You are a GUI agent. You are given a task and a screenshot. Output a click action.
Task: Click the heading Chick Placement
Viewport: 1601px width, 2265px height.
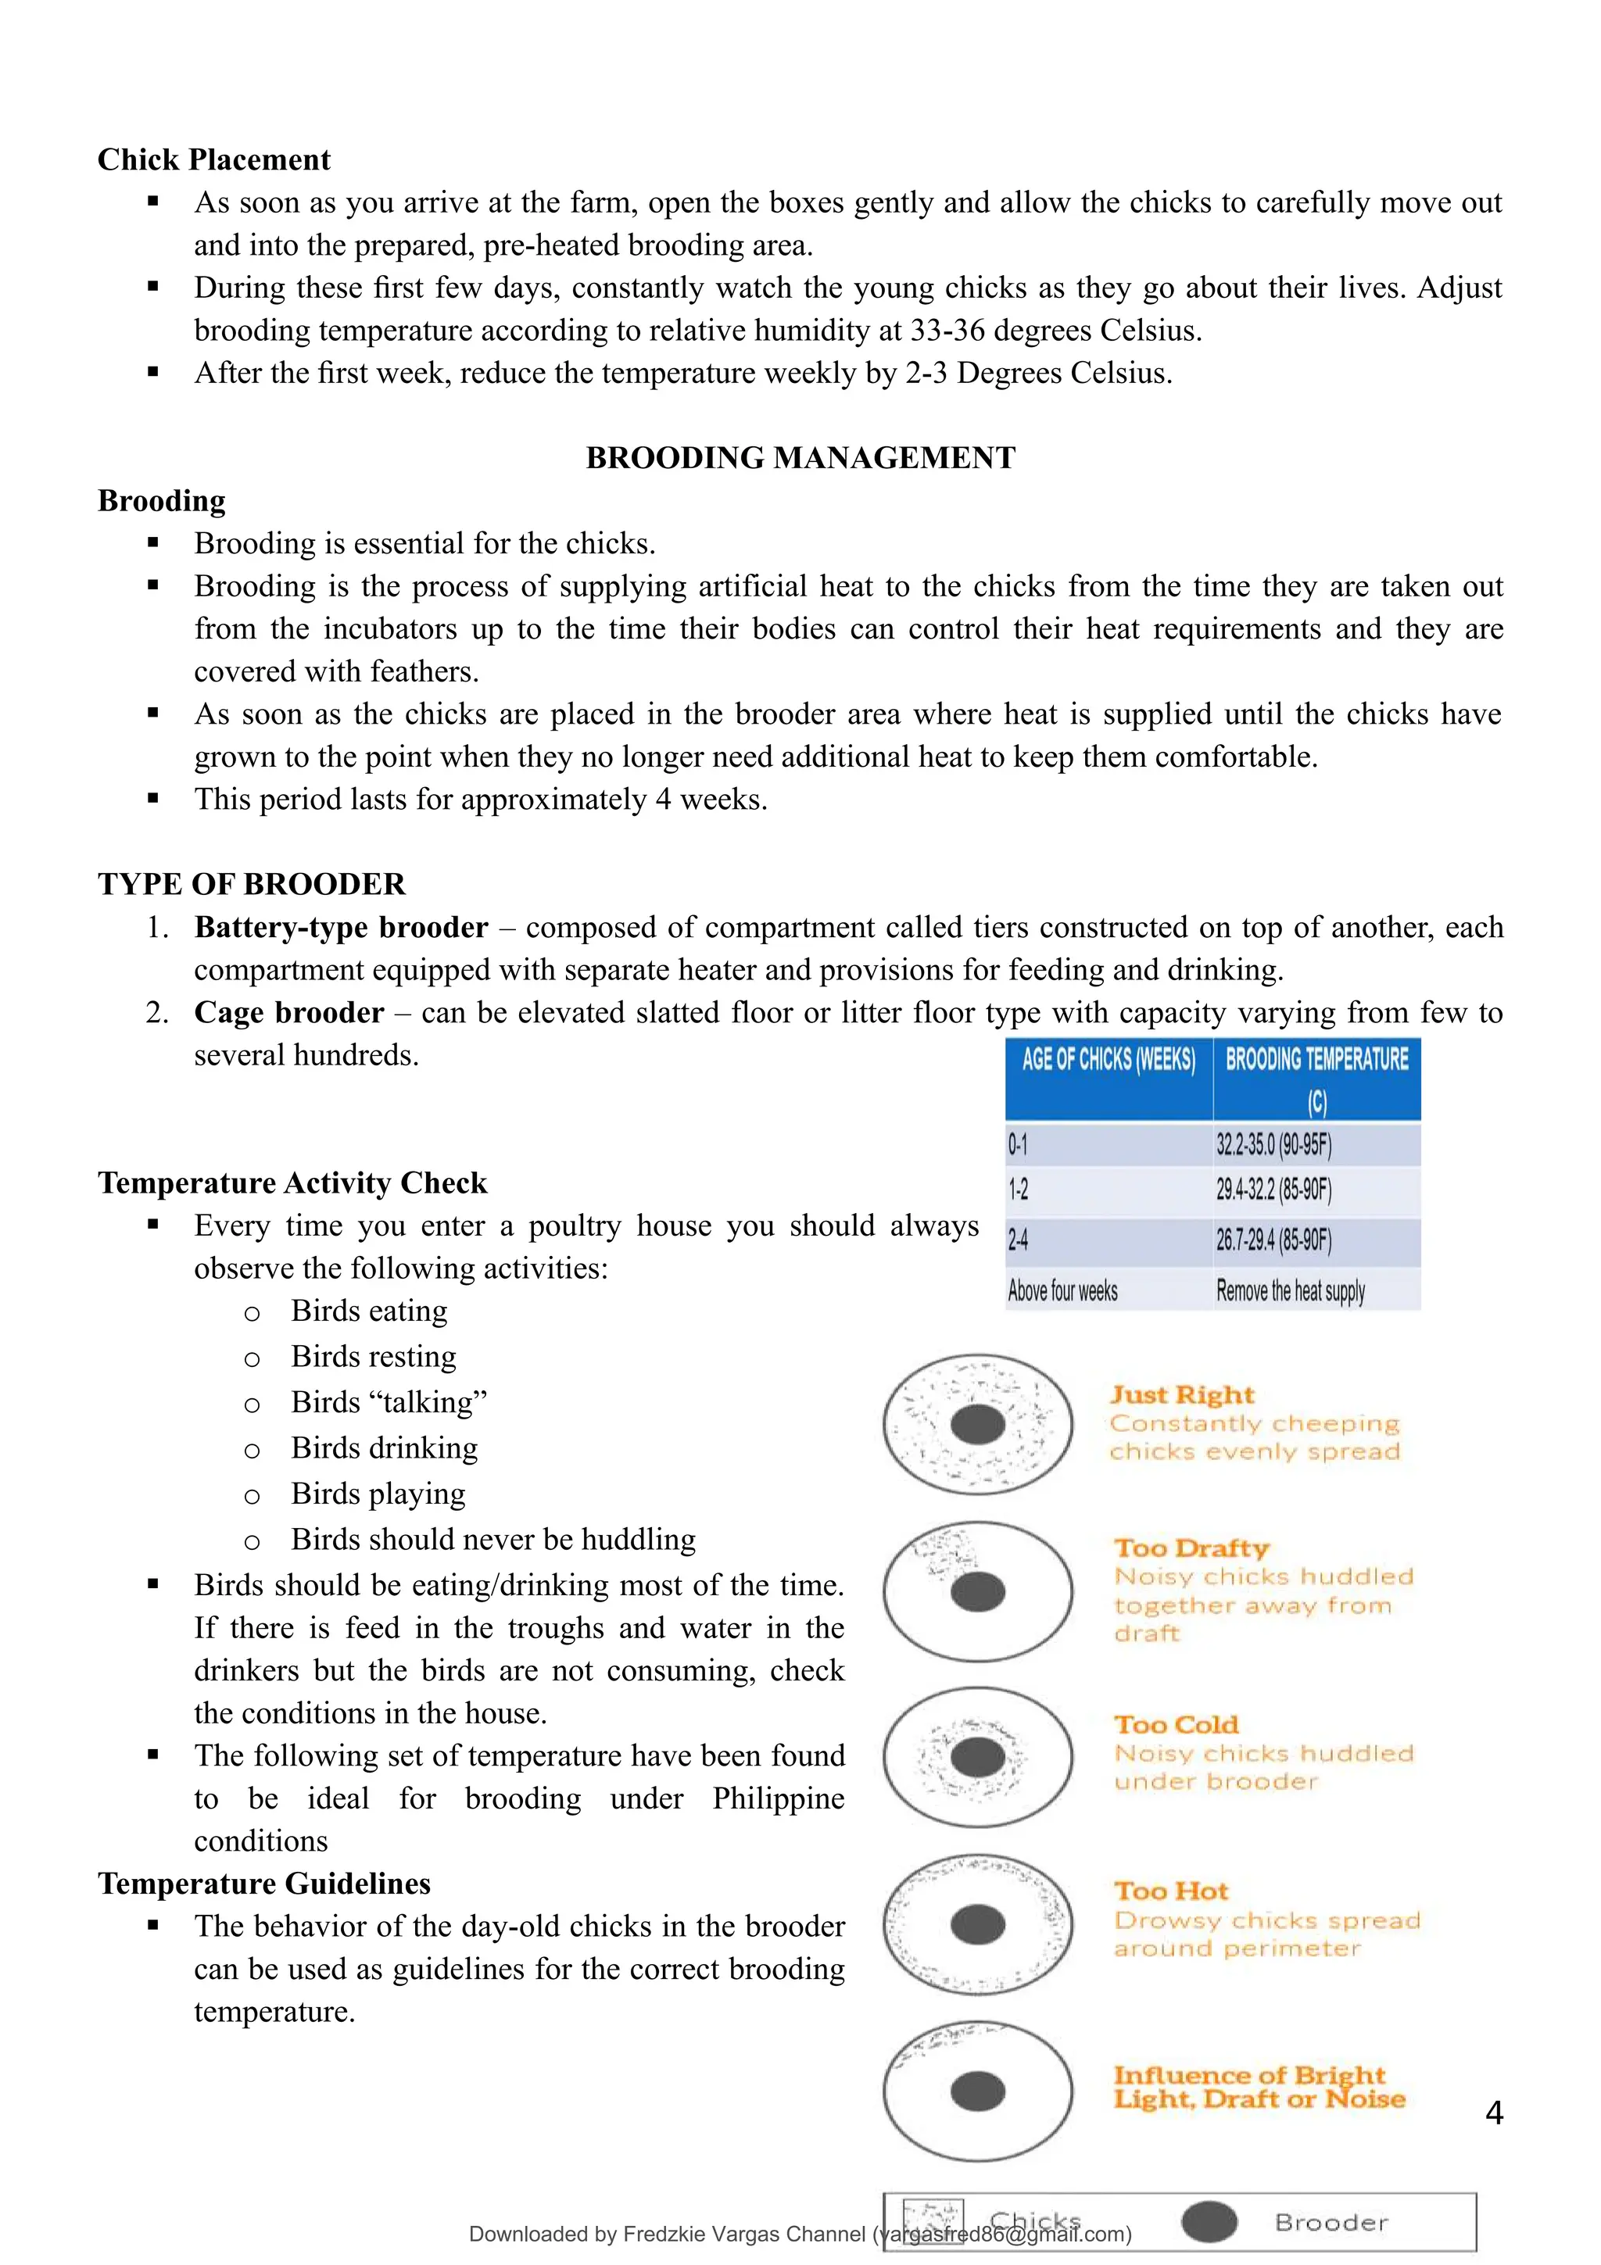click(x=214, y=159)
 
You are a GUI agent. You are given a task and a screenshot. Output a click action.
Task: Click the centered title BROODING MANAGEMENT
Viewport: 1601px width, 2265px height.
click(x=800, y=458)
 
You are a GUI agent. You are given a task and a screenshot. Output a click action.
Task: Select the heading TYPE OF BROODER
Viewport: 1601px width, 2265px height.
click(x=252, y=884)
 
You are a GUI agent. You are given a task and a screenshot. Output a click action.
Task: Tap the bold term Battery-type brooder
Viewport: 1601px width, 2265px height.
click(x=340, y=927)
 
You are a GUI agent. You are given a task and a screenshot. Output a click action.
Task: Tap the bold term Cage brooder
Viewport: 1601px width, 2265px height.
click(x=289, y=1013)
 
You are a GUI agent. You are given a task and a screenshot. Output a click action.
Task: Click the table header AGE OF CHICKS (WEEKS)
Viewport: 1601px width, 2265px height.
click(x=1108, y=1061)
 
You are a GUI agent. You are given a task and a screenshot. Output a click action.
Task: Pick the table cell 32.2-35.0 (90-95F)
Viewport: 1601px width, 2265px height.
click(x=1273, y=1145)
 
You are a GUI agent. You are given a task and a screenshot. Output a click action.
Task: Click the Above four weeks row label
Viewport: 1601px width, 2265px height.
click(x=1062, y=1290)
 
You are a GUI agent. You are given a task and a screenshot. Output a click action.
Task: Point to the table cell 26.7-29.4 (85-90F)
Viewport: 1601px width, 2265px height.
click(x=1273, y=1240)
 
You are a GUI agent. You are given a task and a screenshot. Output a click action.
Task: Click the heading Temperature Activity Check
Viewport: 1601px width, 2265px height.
click(x=292, y=1183)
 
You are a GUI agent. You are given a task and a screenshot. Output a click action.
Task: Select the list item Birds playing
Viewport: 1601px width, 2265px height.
click(x=378, y=1494)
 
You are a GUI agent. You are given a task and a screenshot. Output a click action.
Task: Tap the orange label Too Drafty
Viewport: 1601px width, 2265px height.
click(x=1191, y=1548)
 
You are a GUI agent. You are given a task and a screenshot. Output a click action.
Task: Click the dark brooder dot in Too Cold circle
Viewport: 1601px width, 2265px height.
click(x=978, y=1757)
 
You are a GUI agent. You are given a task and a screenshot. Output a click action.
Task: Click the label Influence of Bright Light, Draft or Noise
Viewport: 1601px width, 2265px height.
click(x=1258, y=2088)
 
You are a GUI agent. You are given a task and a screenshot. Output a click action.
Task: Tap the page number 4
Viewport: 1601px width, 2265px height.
click(x=1493, y=2112)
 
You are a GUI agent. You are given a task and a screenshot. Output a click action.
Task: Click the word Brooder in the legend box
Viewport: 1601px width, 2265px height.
click(x=1331, y=2223)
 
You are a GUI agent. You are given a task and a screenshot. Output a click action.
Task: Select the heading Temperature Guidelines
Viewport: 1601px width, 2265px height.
click(x=264, y=1884)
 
